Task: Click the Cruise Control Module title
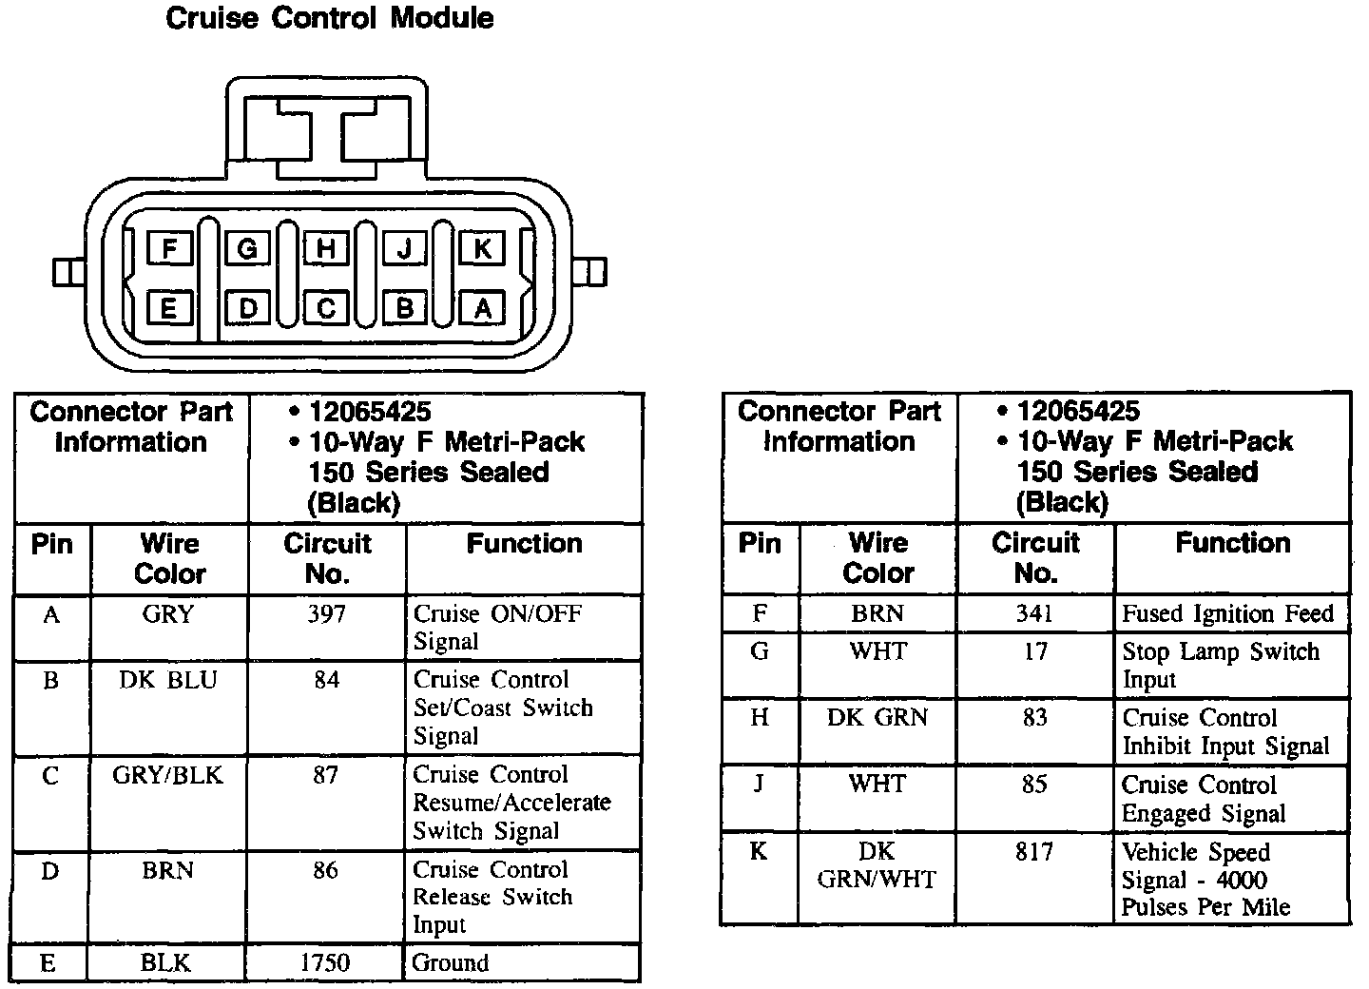pos(329,18)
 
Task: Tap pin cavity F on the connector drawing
pos(170,249)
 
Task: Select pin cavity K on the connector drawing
pos(482,249)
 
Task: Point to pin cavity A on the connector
pos(482,308)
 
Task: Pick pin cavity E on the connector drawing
pos(169,308)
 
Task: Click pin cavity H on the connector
pos(326,249)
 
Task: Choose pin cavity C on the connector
pos(326,308)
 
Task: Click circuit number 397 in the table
pos(326,614)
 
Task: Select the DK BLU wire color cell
pos(168,681)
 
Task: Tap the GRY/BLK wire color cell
pos(167,776)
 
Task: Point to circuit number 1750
pos(325,962)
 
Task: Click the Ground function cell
pos(450,962)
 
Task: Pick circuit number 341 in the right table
pos(1034,614)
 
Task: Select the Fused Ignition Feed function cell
pos(1227,614)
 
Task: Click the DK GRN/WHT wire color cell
pos(877,865)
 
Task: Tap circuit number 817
pos(1034,852)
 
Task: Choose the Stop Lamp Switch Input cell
pos(1220,666)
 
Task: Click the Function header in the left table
pos(524,544)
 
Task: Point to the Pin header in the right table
pos(760,544)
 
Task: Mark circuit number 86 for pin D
pos(325,871)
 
